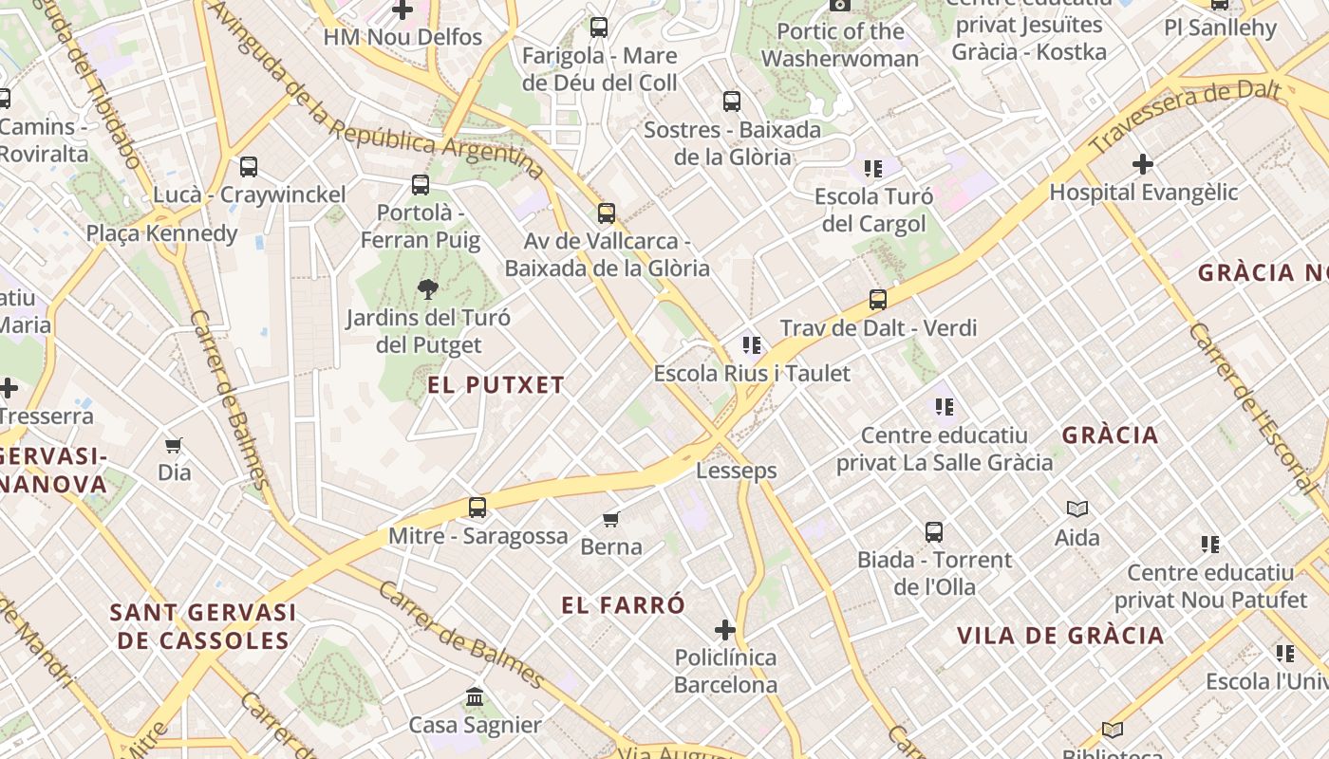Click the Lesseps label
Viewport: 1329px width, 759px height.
click(x=737, y=471)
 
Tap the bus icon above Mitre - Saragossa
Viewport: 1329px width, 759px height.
click(x=477, y=508)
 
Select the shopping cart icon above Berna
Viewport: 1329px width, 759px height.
click(x=611, y=519)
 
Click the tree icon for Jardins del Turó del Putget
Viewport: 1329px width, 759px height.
click(x=428, y=289)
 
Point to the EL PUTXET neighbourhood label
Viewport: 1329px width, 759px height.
click(x=496, y=385)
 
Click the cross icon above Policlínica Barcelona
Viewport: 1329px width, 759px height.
click(x=725, y=629)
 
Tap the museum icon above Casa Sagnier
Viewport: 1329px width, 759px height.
click(x=475, y=698)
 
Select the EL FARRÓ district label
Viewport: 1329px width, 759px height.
click(x=623, y=605)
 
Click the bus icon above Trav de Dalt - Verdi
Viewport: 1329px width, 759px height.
click(x=878, y=300)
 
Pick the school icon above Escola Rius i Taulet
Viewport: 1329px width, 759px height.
click(x=752, y=345)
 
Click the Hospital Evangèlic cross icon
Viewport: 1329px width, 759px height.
click(x=1143, y=164)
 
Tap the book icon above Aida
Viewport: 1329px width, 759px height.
click(x=1077, y=509)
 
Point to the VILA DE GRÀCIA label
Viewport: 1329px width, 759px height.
click(x=1060, y=636)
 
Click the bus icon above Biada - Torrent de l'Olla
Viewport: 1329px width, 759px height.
click(x=934, y=532)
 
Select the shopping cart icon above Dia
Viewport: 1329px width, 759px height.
click(x=174, y=445)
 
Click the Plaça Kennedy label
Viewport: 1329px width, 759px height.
click(x=162, y=233)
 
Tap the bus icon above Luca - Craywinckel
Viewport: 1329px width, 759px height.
click(x=249, y=167)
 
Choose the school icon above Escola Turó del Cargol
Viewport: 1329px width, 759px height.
click(x=873, y=170)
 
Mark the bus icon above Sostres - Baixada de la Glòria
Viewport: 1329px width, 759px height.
click(x=732, y=102)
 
